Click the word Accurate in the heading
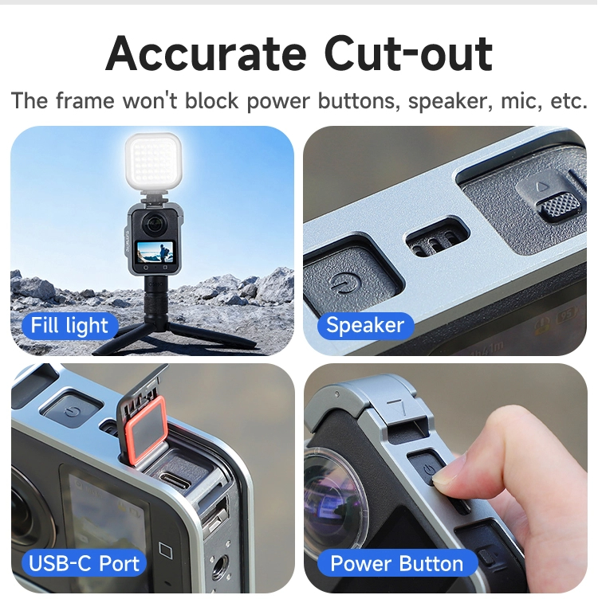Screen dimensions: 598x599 click(x=206, y=53)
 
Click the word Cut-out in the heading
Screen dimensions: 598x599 click(x=408, y=53)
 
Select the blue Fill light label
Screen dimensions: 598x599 click(x=69, y=326)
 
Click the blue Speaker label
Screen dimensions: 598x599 click(x=365, y=326)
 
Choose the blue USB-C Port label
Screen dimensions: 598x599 click(x=84, y=563)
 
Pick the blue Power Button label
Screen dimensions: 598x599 click(x=397, y=563)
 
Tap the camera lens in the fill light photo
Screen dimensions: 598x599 click(x=153, y=225)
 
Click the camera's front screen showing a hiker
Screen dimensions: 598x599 click(x=155, y=253)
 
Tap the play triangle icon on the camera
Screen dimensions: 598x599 click(x=542, y=186)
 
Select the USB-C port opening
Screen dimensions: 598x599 click(x=175, y=481)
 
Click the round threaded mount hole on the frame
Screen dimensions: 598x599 click(x=218, y=565)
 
